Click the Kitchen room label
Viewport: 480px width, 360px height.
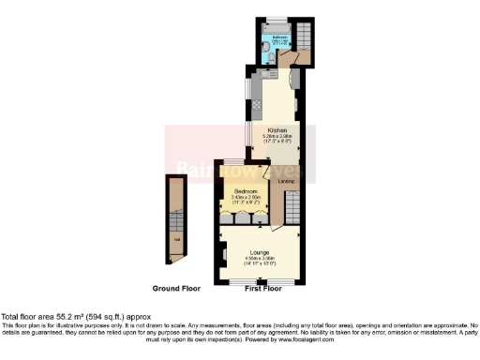click(277, 129)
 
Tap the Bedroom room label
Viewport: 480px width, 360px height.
click(247, 190)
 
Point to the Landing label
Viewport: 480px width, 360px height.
click(286, 182)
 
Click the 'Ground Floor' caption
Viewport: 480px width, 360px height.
click(175, 288)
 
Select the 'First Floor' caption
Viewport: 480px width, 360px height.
click(262, 288)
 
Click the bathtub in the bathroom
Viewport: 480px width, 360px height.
click(277, 28)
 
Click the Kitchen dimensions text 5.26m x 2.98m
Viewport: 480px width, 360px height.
click(277, 137)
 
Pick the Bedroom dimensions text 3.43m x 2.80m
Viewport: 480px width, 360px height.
click(247, 197)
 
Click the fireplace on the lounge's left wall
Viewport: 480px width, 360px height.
click(224, 253)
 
